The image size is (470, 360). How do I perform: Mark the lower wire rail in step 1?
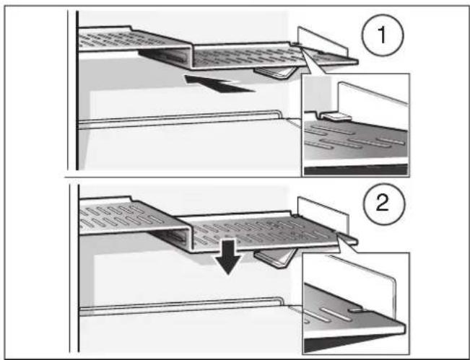click(x=180, y=118)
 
